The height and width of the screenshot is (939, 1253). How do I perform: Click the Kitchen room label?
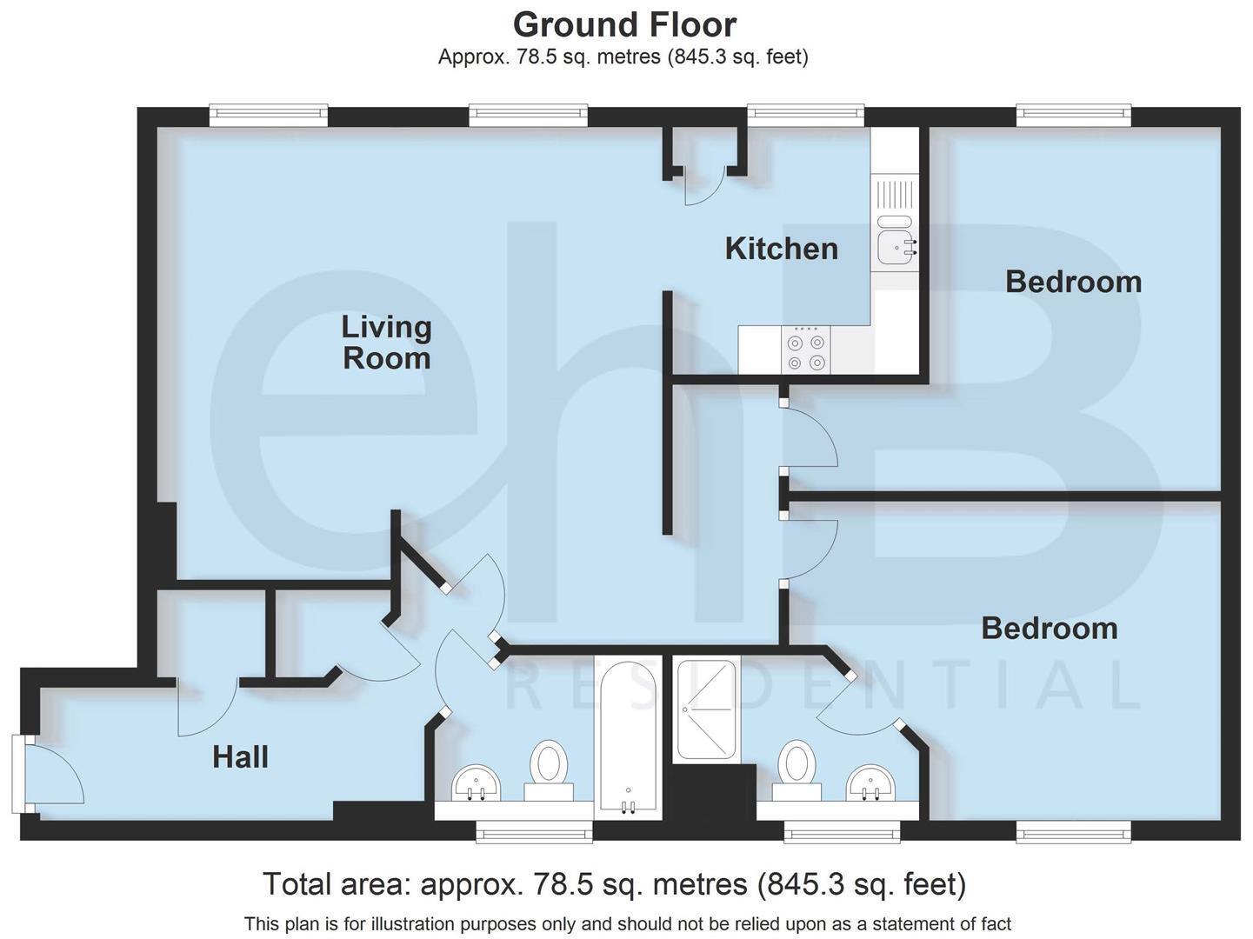point(781,249)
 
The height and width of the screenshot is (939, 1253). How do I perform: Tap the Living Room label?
point(386,342)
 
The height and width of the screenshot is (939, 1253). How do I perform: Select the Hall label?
point(240,757)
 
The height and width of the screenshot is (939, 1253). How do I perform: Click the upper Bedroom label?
point(1073,282)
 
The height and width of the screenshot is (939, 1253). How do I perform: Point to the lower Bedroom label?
point(1049,628)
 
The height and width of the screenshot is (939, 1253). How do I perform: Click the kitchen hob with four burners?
point(805,350)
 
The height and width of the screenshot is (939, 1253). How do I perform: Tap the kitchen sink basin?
point(895,247)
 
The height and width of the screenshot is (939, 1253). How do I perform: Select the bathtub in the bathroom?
point(627,739)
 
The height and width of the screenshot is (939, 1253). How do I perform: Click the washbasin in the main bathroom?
point(476,783)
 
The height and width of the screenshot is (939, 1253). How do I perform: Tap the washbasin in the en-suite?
point(871,782)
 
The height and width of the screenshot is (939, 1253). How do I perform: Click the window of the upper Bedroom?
point(1074,114)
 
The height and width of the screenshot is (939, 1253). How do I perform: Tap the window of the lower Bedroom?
point(1074,834)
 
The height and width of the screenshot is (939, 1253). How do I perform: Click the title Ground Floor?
point(624,23)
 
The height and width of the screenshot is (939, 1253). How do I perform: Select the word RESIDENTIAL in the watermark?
point(822,684)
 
